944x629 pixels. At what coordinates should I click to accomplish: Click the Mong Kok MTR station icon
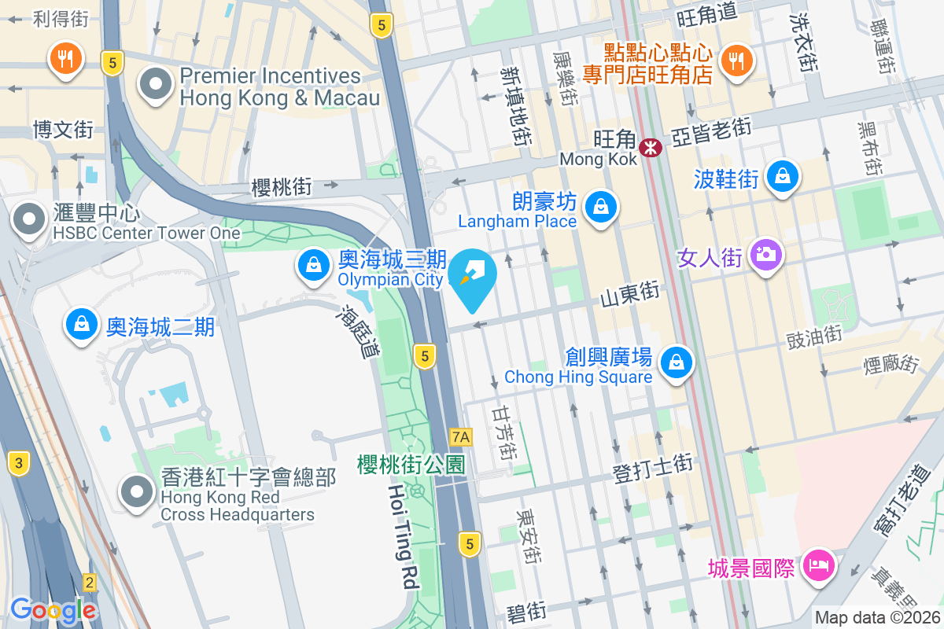click(651, 147)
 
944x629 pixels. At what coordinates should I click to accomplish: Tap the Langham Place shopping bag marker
click(601, 208)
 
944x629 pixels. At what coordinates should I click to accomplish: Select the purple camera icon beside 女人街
click(765, 255)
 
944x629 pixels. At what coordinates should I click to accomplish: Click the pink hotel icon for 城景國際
click(818, 565)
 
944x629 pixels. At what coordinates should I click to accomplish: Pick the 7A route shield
click(461, 436)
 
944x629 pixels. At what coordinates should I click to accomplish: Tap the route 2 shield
click(90, 583)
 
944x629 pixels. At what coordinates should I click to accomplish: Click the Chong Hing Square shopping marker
click(676, 362)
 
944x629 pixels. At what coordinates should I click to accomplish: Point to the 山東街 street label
click(629, 295)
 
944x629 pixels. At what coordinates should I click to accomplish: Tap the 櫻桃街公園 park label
click(410, 465)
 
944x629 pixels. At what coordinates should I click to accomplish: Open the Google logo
click(53, 609)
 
